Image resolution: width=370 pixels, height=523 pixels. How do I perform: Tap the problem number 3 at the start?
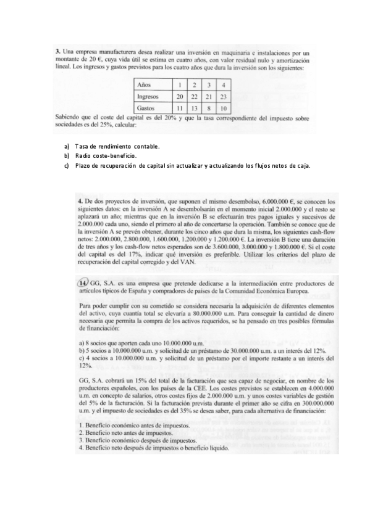[x=57, y=54]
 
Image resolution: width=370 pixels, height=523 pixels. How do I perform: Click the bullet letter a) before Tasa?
[x=67, y=146]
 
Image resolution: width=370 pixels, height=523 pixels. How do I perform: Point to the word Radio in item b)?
[x=83, y=156]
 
